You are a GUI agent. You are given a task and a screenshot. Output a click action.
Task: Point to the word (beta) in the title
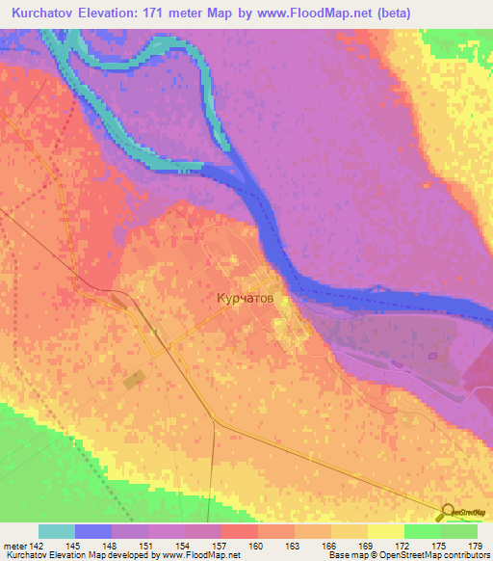[x=450, y=13]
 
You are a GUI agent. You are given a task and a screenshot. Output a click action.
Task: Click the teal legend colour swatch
[x=56, y=531]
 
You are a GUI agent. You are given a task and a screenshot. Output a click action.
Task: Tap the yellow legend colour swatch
[x=385, y=531]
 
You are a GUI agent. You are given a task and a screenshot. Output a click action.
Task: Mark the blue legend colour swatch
[x=92, y=531]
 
